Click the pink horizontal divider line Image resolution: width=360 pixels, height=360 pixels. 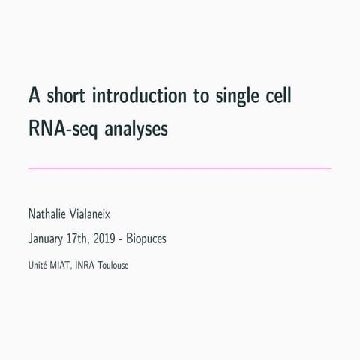(180, 169)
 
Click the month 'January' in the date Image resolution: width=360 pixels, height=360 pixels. (46, 240)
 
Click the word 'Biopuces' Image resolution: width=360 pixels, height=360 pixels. (147, 240)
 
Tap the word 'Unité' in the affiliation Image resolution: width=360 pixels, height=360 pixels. (37, 264)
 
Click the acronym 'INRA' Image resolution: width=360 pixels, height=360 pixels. (85, 264)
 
